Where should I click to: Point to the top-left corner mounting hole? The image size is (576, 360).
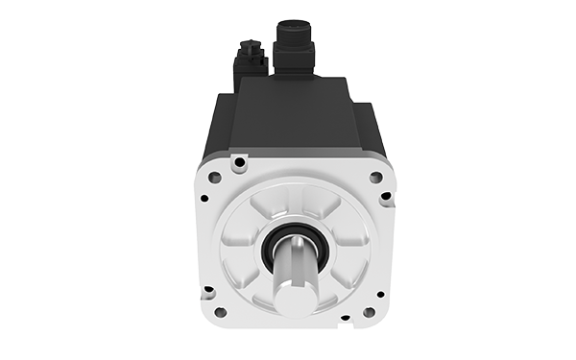pos(215,178)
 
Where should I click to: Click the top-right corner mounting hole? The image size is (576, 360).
pos(373,178)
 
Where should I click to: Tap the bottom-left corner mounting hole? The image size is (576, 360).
pos(220,312)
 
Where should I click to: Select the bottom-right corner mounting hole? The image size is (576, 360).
pos(369,312)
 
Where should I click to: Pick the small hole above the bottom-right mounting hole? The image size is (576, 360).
pos(380,294)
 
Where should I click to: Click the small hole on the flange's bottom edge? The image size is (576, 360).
pos(345,317)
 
